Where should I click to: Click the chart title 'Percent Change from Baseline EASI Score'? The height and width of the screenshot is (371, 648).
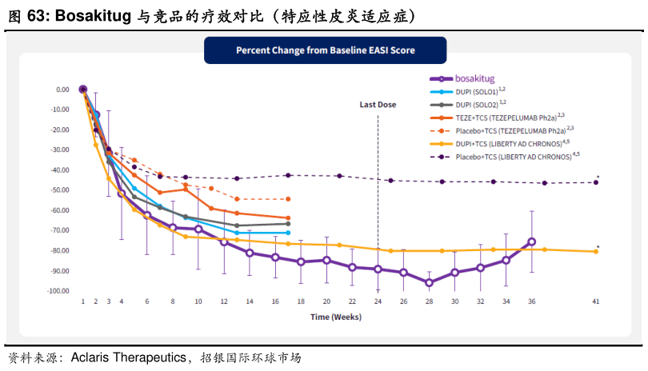[325, 50]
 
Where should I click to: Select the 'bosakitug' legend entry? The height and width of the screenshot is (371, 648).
[475, 79]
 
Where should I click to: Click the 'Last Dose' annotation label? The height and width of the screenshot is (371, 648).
[378, 104]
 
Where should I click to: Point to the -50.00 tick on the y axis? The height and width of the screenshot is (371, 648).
[58, 190]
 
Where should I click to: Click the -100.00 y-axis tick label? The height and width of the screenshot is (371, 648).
[57, 291]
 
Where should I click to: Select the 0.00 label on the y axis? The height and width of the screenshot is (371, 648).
[62, 90]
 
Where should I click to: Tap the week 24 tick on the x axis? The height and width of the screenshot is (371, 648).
[378, 301]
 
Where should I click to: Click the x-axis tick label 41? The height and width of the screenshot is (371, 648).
[595, 301]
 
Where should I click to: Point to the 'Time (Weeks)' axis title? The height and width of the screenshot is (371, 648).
[336, 317]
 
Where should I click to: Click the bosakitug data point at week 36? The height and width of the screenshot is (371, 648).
[531, 241]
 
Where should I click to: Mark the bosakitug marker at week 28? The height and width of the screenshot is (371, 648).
[429, 282]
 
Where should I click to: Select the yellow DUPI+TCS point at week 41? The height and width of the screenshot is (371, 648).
[595, 252]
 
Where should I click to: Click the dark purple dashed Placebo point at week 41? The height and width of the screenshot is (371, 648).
[595, 182]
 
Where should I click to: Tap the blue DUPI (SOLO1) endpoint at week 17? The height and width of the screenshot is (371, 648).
[288, 233]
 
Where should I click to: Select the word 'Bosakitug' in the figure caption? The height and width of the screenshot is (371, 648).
[88, 14]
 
